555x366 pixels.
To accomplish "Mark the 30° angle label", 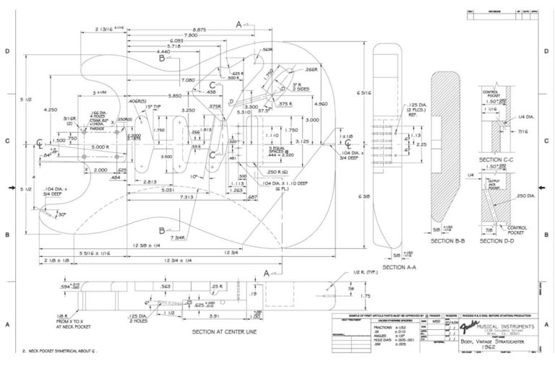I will point(61,214).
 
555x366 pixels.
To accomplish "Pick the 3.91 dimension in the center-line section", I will point(213,315).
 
